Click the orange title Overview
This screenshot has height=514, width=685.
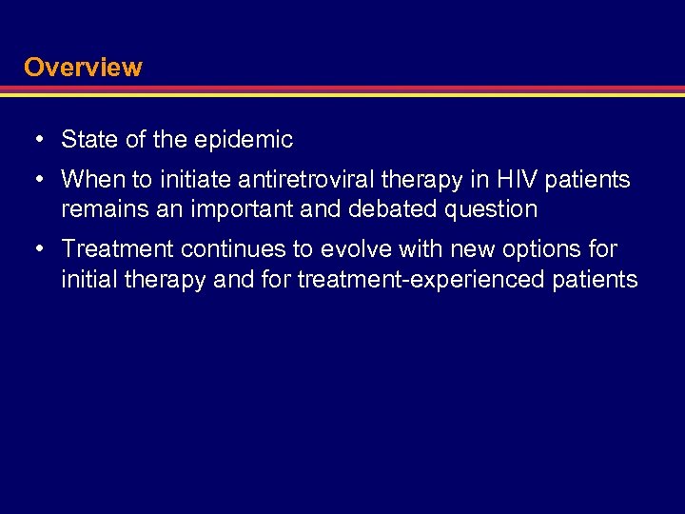click(x=83, y=68)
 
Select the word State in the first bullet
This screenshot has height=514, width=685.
click(x=89, y=140)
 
